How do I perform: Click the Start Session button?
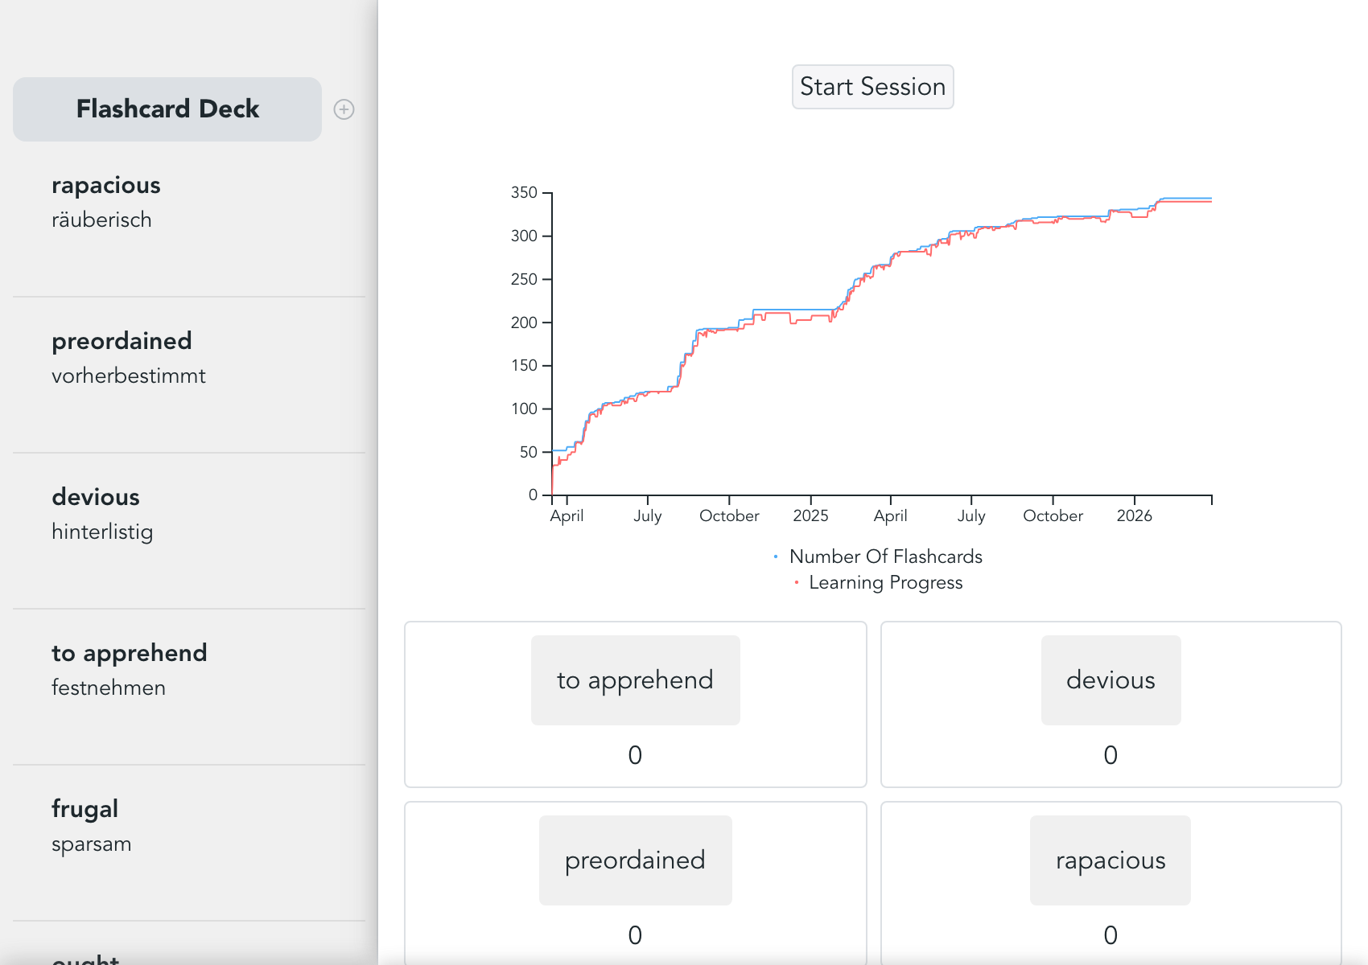(872, 87)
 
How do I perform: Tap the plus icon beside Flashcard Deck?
(344, 109)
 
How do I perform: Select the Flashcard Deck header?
(167, 109)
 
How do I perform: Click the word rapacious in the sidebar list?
(106, 186)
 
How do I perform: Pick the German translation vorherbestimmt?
(129, 376)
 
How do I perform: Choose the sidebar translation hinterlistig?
(102, 532)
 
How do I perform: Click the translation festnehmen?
(109, 688)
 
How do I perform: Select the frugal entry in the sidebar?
(85, 809)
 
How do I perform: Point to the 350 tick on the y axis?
(524, 193)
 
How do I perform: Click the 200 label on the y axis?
(524, 322)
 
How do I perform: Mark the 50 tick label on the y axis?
(528, 452)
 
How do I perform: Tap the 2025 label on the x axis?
(810, 516)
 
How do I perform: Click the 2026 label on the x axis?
(1134, 516)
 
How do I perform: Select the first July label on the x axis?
(648, 516)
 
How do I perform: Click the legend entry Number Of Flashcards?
(885, 556)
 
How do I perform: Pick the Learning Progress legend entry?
(885, 583)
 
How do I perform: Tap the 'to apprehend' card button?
(635, 680)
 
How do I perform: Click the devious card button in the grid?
(1110, 680)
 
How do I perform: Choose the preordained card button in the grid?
(635, 860)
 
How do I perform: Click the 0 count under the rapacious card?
(1110, 935)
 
